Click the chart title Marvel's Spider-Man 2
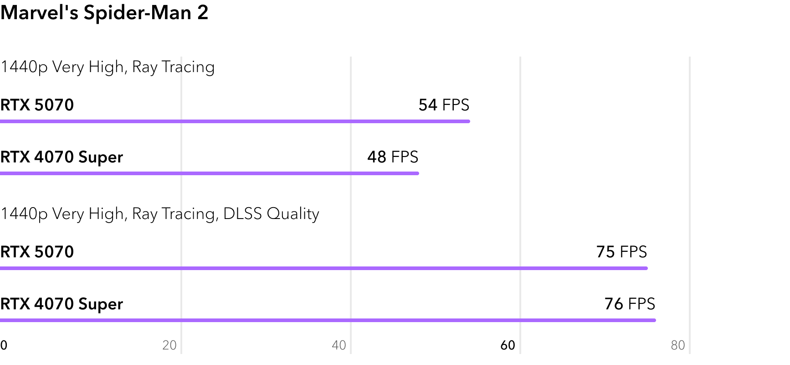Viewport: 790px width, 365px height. click(104, 13)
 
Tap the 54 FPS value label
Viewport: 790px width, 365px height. click(444, 105)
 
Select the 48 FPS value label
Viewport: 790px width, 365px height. click(392, 157)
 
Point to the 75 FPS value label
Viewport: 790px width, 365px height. click(621, 252)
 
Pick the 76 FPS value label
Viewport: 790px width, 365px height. click(630, 304)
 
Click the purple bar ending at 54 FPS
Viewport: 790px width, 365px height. click(235, 121)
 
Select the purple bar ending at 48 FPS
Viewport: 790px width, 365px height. click(209, 173)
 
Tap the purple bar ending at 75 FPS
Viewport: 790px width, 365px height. click(323, 268)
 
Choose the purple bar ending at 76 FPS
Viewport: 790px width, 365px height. click(328, 320)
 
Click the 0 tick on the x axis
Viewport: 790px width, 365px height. click(4, 345)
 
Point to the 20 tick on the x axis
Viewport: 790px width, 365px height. click(169, 345)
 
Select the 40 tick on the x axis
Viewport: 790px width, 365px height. click(339, 345)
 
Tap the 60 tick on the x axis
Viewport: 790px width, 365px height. click(508, 345)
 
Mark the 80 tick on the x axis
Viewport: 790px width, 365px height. click(677, 345)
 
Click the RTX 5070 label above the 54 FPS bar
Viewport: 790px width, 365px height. click(37, 105)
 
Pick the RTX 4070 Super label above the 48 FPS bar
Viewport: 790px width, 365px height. click(62, 157)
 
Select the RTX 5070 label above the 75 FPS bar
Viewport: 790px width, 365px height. click(37, 252)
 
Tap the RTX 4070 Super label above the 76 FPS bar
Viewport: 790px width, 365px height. click(62, 304)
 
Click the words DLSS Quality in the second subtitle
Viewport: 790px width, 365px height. click(271, 214)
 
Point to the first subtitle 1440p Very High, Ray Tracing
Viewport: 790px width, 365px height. click(108, 67)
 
